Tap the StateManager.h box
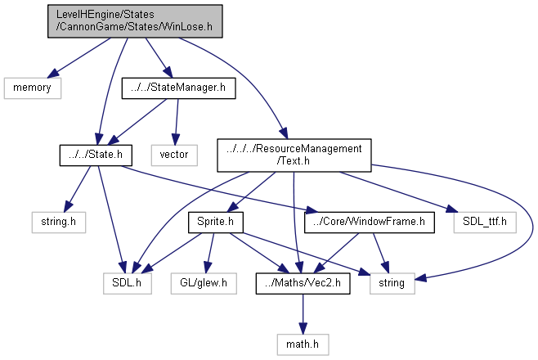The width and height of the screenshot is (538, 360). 178,87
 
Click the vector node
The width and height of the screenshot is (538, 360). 174,154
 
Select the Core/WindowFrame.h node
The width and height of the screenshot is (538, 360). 365,220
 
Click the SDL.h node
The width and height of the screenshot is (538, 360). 127,283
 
